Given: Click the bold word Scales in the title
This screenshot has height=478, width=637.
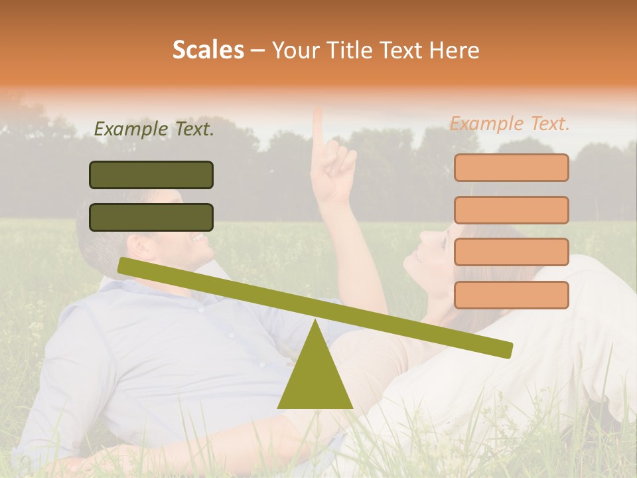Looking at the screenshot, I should (x=208, y=50).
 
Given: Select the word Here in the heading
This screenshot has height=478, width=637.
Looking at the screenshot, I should (x=454, y=50).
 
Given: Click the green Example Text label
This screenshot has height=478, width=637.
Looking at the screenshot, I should (x=154, y=129).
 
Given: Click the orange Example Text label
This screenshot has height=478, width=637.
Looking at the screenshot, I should (x=510, y=123).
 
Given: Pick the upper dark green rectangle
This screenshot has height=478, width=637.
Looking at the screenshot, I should (x=151, y=175).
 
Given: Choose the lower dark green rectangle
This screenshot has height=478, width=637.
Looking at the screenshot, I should (x=151, y=217).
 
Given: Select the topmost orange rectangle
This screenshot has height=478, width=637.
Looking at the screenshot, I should (x=511, y=167).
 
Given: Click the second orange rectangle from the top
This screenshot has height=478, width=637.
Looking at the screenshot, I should (x=511, y=210).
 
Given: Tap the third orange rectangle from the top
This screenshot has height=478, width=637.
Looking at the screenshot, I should (x=511, y=252).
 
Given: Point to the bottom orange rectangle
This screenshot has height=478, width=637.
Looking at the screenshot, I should (x=511, y=295).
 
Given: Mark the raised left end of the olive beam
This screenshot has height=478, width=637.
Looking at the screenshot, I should (x=123, y=265).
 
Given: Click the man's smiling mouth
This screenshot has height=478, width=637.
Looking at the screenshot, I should (x=197, y=237).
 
